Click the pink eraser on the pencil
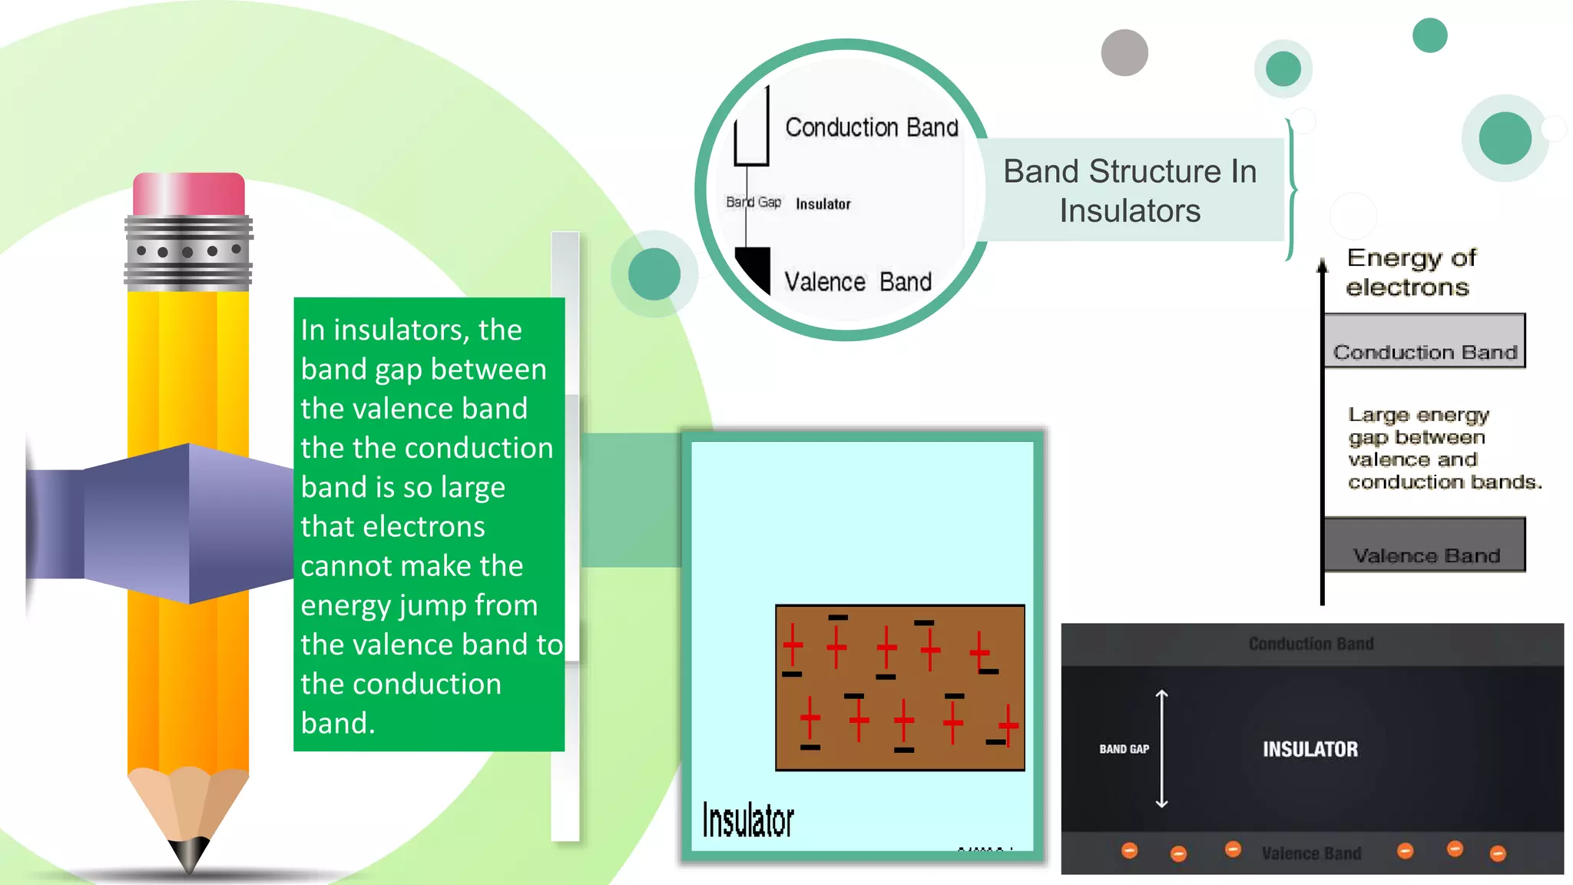click(188, 194)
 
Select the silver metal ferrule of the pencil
click(188, 252)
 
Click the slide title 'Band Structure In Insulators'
click(1129, 191)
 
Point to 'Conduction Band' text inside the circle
click(871, 128)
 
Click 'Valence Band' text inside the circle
click(857, 282)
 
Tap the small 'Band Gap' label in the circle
click(753, 202)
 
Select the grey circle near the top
click(1124, 52)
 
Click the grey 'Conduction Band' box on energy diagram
click(1425, 341)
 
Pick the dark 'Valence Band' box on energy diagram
click(1425, 545)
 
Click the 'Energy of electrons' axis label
click(1410, 272)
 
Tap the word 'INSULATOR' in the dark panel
click(1310, 749)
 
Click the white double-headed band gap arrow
click(1161, 749)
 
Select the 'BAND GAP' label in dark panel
click(1124, 749)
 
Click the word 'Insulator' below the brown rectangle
click(747, 820)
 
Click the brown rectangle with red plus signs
click(899, 687)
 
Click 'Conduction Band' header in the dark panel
click(1310, 644)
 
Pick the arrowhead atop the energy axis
click(1322, 266)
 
